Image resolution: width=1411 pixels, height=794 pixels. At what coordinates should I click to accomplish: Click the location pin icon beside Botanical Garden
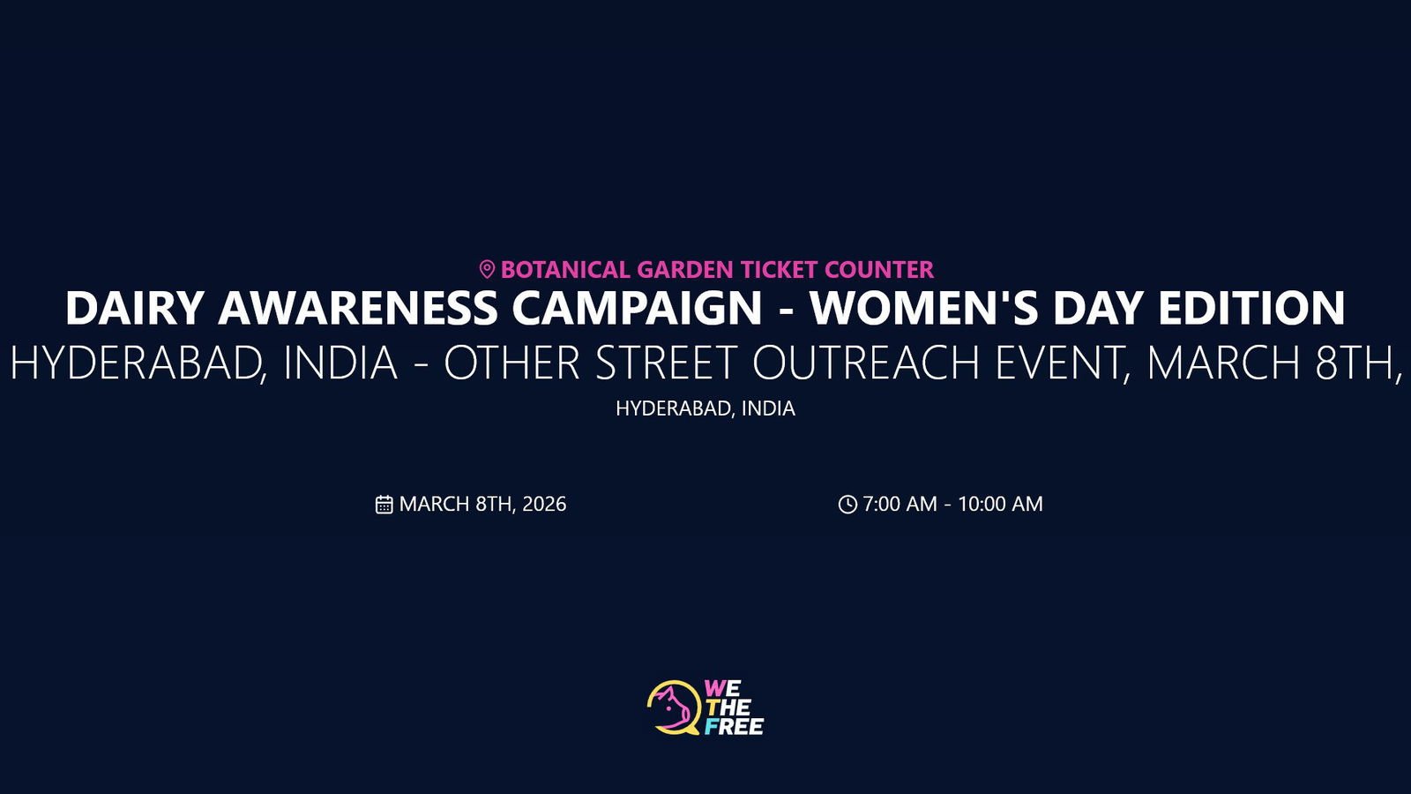(486, 270)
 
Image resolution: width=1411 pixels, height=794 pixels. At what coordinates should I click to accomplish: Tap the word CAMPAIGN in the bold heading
(637, 308)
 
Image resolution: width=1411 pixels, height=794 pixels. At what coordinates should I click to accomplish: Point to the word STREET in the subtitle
(666, 363)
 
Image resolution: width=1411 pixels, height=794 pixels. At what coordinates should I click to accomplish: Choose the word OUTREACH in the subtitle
(866, 363)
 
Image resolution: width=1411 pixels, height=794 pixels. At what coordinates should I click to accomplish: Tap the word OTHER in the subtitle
(512, 363)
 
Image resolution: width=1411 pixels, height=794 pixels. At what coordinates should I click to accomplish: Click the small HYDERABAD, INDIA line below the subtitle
(705, 408)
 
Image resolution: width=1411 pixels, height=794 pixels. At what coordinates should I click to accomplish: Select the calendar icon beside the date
(384, 505)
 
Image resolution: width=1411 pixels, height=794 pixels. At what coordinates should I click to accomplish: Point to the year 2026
(544, 504)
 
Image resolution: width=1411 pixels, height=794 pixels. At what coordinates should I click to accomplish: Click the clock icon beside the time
(847, 504)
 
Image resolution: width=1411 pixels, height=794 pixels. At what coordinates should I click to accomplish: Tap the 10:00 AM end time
(1000, 504)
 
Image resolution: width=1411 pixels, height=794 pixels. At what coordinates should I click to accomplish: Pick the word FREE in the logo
(734, 727)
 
